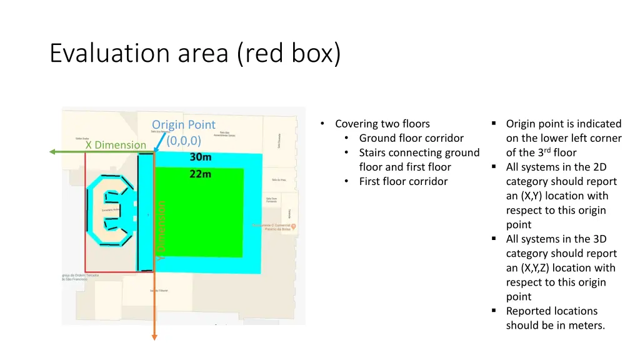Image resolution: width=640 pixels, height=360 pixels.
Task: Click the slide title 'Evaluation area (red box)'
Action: (x=195, y=54)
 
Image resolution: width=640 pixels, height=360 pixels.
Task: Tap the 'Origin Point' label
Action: (x=183, y=125)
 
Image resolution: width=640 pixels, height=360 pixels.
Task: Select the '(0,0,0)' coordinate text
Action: (x=184, y=140)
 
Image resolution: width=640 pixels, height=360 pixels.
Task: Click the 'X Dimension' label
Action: (x=116, y=145)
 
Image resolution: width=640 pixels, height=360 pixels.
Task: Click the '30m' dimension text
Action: (x=201, y=157)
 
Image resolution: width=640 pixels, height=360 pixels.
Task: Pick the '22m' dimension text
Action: (x=201, y=174)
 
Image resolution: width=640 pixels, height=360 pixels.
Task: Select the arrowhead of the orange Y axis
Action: (x=154, y=337)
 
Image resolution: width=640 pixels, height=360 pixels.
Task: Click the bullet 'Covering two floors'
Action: (x=382, y=124)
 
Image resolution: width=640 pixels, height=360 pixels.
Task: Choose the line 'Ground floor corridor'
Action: (x=411, y=138)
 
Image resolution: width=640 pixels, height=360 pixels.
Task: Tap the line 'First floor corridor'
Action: (x=403, y=181)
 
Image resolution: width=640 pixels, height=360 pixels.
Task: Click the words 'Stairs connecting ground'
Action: (x=419, y=152)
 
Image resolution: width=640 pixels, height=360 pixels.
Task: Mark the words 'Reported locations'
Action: (x=551, y=311)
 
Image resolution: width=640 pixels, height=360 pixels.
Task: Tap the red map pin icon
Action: (x=294, y=226)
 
